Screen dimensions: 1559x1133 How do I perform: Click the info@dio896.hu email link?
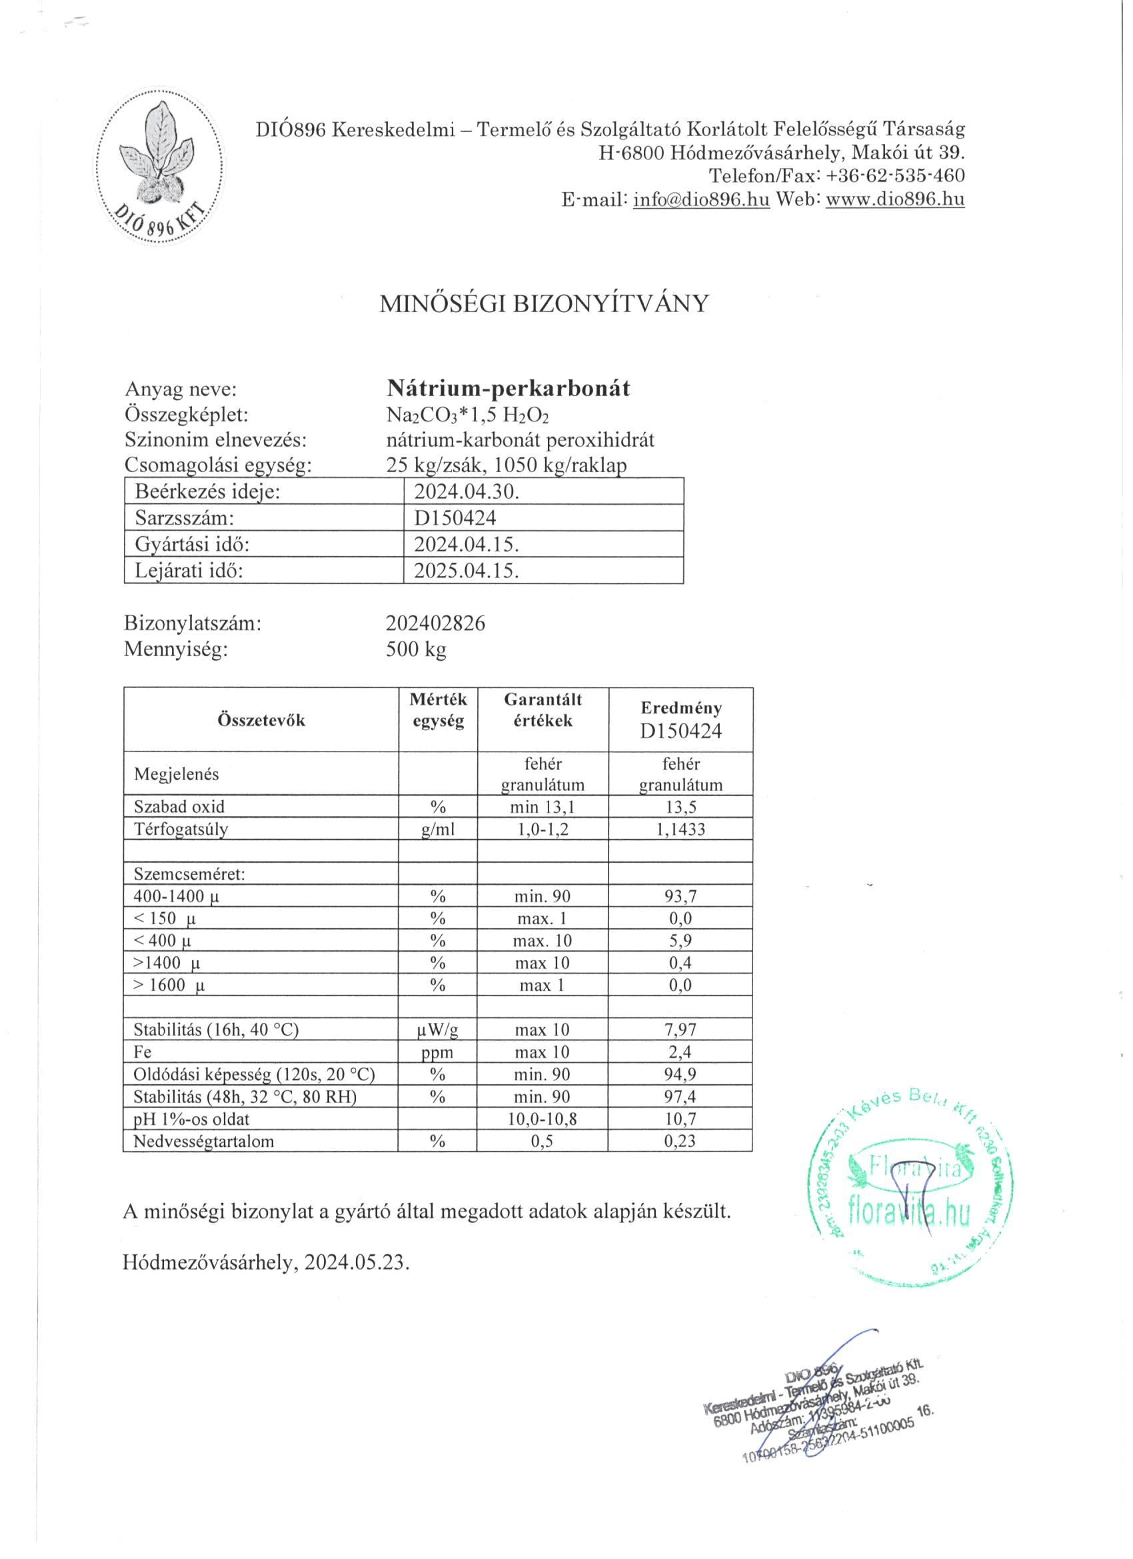coord(701,199)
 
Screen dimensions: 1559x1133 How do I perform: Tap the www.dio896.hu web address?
coord(894,199)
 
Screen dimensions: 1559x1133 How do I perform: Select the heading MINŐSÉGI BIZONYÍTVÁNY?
coord(543,304)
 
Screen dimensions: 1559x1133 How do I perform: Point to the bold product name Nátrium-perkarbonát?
coord(509,388)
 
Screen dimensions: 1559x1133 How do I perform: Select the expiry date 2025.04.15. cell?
coord(467,571)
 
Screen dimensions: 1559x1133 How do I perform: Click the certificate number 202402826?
coord(436,623)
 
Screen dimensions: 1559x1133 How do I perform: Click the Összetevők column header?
coord(261,720)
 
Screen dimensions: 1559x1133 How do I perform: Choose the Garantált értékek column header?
coord(543,710)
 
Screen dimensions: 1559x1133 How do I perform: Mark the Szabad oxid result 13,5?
coord(680,807)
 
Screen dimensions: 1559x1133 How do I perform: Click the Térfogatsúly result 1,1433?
coord(680,830)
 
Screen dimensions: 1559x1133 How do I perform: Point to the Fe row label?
coord(143,1052)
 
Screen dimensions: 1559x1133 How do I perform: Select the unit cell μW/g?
coord(438,1030)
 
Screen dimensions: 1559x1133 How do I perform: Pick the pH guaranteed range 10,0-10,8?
coord(543,1119)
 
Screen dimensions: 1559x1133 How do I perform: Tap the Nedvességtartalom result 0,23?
coord(680,1141)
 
